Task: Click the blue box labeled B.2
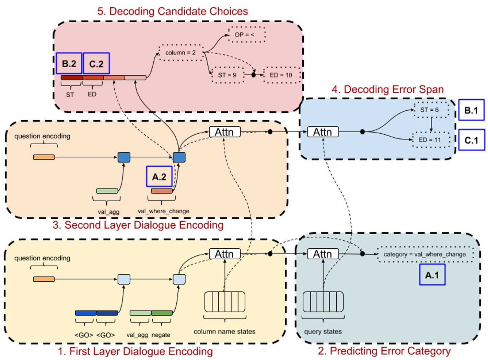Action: click(x=69, y=64)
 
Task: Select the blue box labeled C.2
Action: click(x=96, y=64)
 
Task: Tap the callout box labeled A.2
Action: click(x=159, y=177)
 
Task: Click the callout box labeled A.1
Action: click(x=432, y=275)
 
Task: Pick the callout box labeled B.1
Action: click(x=471, y=110)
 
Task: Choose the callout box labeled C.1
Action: click(x=472, y=140)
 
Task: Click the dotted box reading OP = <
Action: click(x=247, y=35)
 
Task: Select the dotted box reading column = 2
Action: click(x=181, y=53)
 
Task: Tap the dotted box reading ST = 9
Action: click(x=228, y=75)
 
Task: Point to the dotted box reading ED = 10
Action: click(x=281, y=75)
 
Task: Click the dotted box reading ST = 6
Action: click(x=430, y=110)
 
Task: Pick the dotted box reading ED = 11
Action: click(x=430, y=140)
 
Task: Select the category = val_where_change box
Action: click(x=425, y=255)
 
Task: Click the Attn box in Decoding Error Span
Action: click(x=323, y=132)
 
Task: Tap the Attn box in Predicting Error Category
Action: click(x=323, y=254)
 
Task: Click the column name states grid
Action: click(x=225, y=302)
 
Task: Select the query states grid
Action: click(x=323, y=302)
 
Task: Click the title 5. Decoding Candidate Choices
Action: click(x=173, y=11)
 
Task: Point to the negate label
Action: click(x=161, y=335)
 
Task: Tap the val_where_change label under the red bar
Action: click(x=163, y=211)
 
